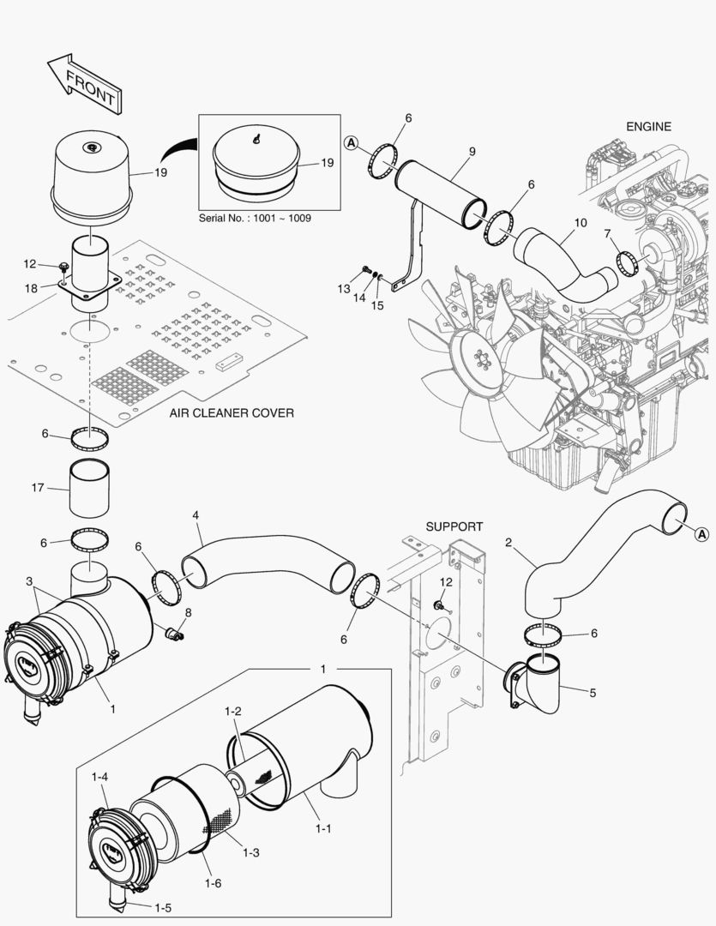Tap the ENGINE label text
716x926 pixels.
(648, 126)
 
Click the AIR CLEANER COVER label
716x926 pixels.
(232, 413)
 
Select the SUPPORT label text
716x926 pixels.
(454, 526)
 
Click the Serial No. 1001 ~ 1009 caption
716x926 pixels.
(255, 219)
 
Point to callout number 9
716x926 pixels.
(472, 153)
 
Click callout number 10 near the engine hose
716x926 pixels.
(581, 223)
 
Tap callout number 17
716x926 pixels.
(37, 489)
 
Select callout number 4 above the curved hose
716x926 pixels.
(196, 515)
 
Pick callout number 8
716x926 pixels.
(188, 613)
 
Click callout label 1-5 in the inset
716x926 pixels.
(161, 906)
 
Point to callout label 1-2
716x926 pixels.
(232, 712)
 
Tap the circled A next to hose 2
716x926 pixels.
(701, 534)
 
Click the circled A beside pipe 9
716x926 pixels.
(351, 143)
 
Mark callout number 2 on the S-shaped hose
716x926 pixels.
(508, 543)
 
